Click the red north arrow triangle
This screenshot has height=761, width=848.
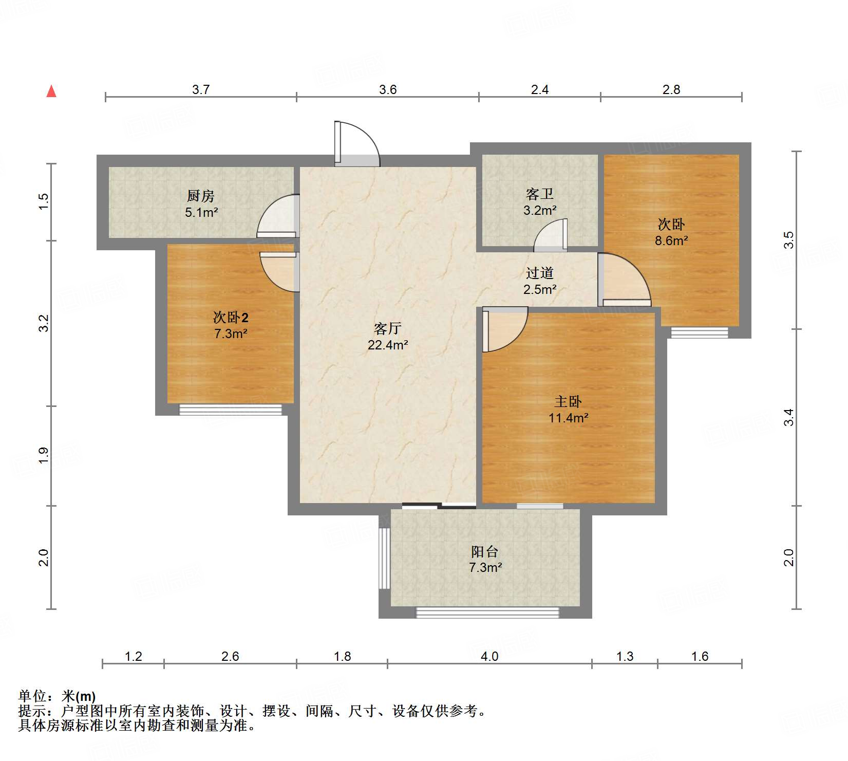51,91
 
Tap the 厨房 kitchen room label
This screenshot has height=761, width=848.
200,196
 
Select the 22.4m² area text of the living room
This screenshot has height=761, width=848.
388,345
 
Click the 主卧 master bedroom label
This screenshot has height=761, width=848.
568,401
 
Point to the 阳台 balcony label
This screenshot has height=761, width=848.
485,551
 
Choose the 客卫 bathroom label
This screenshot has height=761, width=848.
540,194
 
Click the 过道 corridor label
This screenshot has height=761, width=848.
540,273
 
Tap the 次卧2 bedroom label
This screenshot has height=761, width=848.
231,317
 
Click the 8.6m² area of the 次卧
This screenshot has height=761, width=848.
671,240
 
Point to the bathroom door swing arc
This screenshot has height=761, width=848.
551,235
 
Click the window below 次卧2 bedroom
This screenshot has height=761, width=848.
231,410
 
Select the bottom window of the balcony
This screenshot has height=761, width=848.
487,612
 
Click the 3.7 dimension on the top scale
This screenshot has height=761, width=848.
201,89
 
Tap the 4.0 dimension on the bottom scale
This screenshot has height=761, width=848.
489,656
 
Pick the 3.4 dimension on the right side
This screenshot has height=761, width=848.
789,417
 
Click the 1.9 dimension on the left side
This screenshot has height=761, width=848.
44,455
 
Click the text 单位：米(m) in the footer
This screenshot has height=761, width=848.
57,696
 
